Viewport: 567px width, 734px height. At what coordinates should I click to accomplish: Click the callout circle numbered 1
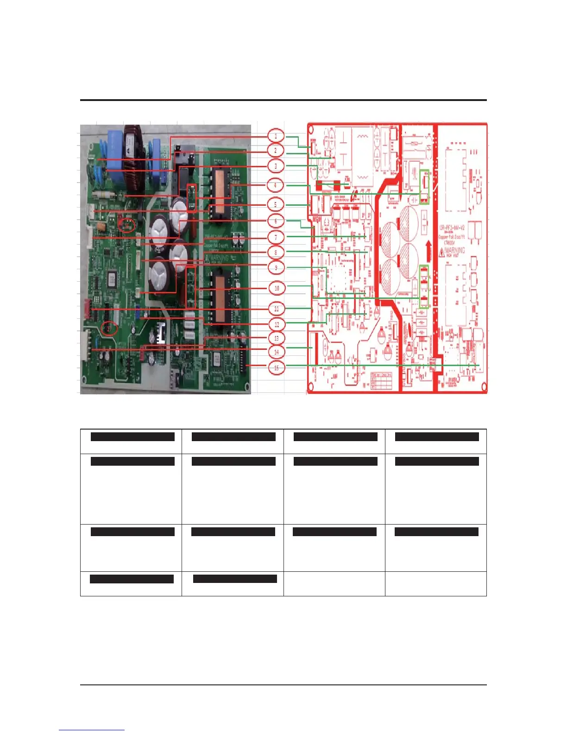click(276, 136)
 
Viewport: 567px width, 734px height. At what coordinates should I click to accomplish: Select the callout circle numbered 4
click(275, 185)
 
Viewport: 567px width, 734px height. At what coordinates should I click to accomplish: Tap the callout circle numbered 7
click(276, 238)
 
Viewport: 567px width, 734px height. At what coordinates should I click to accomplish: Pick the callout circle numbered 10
click(277, 288)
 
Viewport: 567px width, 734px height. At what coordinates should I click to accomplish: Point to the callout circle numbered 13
click(277, 338)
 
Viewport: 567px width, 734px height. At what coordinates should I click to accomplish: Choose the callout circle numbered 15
click(277, 368)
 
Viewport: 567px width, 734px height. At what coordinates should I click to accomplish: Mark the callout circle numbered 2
click(276, 150)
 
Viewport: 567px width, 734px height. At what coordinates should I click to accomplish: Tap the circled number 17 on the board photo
click(110, 328)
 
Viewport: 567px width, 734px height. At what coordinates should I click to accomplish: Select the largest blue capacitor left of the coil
click(114, 141)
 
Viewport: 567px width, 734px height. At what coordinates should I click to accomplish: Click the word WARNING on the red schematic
click(454, 251)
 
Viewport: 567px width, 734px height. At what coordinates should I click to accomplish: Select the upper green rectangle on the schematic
click(424, 187)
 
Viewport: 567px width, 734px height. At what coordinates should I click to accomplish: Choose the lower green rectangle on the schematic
click(424, 287)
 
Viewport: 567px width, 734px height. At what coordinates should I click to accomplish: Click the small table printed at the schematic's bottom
click(381, 380)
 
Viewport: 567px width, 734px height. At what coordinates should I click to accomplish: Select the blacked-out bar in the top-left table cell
click(132, 437)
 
